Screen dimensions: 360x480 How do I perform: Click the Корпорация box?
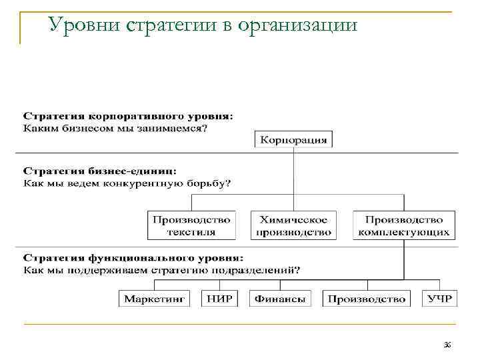point(294,139)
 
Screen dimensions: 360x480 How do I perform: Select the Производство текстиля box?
point(191,225)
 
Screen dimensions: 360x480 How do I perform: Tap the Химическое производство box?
point(294,225)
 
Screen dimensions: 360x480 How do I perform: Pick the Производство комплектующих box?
point(404,225)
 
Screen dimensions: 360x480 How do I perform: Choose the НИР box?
point(219,299)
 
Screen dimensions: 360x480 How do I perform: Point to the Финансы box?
point(280,299)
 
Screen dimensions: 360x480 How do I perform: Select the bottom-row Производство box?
point(367,299)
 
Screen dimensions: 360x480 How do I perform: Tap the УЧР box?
point(439,299)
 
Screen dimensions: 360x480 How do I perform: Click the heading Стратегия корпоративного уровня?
point(129,116)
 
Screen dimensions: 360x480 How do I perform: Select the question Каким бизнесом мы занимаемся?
point(115,128)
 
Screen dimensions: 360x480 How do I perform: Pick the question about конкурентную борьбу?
point(127,183)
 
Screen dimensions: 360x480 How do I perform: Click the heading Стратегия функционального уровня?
point(133,257)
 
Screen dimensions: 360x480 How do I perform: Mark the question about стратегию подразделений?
point(162,269)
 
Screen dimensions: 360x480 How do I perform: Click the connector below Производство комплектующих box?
point(404,260)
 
